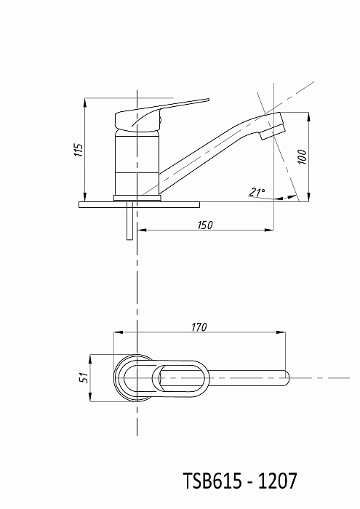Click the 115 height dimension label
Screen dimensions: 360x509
point(79,150)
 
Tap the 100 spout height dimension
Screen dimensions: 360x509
point(303,157)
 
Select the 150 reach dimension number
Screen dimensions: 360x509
point(205,225)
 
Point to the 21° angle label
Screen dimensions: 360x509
point(257,192)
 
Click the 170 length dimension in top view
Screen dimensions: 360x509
point(199,327)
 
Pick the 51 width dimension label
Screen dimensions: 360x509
point(84,377)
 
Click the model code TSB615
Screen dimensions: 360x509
point(212,481)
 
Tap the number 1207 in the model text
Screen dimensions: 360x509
point(277,481)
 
